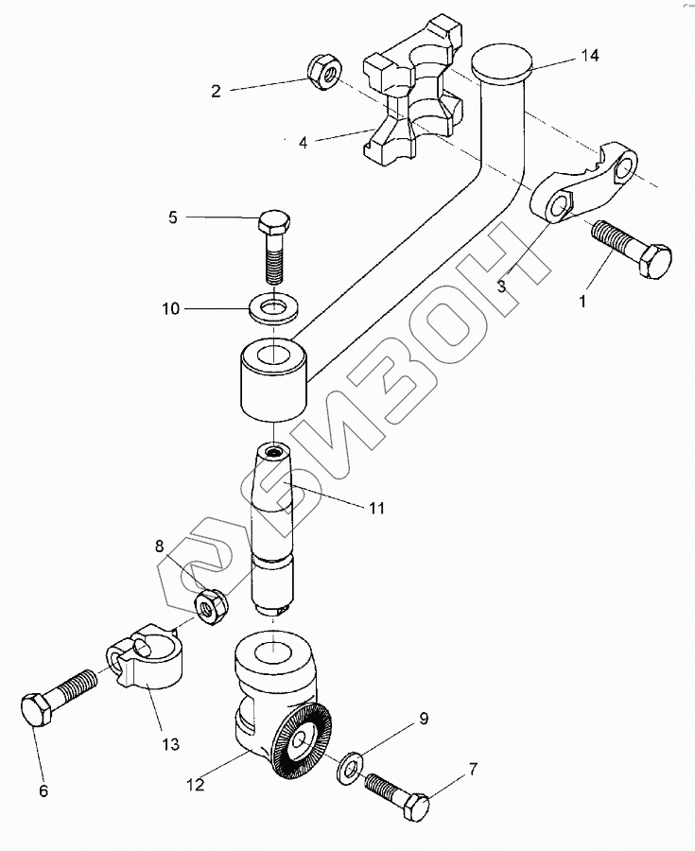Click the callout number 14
coord(589,57)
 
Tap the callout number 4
coord(303,144)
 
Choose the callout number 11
coord(376,508)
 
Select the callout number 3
coord(502,284)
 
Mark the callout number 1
coord(582,303)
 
